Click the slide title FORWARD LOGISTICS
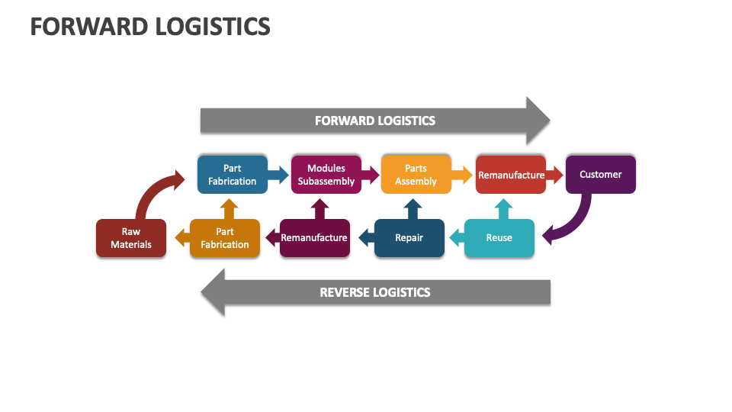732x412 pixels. pyautogui.click(x=150, y=26)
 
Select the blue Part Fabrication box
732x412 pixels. pyautogui.click(x=232, y=175)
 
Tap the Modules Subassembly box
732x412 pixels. pyautogui.click(x=326, y=175)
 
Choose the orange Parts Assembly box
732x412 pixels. pyautogui.click(x=416, y=175)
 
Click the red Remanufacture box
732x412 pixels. pyautogui.click(x=510, y=175)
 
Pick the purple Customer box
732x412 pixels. pyautogui.click(x=600, y=175)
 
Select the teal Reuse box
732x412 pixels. pyautogui.click(x=499, y=238)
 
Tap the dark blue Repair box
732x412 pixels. pyautogui.click(x=409, y=238)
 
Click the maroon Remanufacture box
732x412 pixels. pyautogui.click(x=314, y=238)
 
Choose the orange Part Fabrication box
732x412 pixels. pyautogui.click(x=224, y=238)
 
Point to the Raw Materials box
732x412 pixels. pyautogui.click(x=130, y=238)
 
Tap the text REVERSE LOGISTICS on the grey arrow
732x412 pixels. pyautogui.click(x=374, y=292)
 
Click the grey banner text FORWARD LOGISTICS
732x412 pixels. pyautogui.click(x=374, y=121)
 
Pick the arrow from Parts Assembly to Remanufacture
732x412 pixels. pyautogui.click(x=462, y=175)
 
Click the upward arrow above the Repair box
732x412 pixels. pyautogui.click(x=412, y=208)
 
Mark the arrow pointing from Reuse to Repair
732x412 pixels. pyautogui.click(x=455, y=238)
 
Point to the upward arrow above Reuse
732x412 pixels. pyautogui.click(x=502, y=208)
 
